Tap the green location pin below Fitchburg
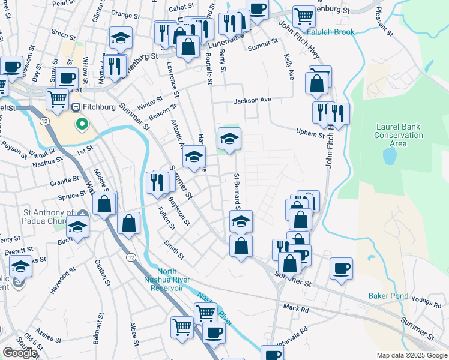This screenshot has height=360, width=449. click(82, 125)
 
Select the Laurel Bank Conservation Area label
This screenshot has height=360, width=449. click(399, 135)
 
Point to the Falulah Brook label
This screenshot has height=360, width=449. click(331, 31)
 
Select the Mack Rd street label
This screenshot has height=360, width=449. click(295, 308)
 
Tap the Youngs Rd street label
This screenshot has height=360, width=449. click(427, 296)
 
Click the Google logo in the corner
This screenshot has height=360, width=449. click(20, 353)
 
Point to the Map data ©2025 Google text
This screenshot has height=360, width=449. click(411, 355)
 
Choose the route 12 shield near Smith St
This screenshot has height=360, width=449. click(131, 257)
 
